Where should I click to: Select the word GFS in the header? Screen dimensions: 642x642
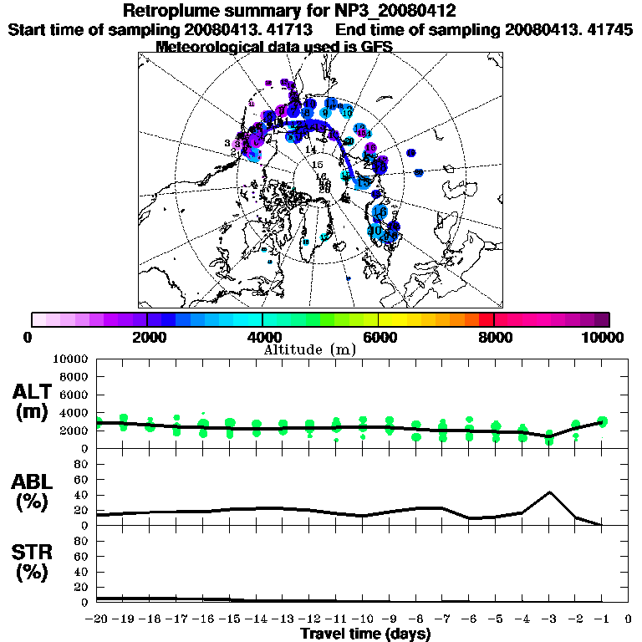(x=375, y=46)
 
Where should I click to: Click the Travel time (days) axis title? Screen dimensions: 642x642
(x=365, y=634)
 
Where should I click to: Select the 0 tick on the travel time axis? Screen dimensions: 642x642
(x=629, y=619)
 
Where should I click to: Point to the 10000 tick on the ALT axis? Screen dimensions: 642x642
(x=69, y=359)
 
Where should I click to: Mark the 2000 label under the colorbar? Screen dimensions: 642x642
(x=147, y=337)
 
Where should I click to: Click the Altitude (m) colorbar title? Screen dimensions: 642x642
(x=310, y=349)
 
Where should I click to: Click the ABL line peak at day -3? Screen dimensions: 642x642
(x=549, y=492)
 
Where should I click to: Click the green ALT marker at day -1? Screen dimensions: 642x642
(x=602, y=422)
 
